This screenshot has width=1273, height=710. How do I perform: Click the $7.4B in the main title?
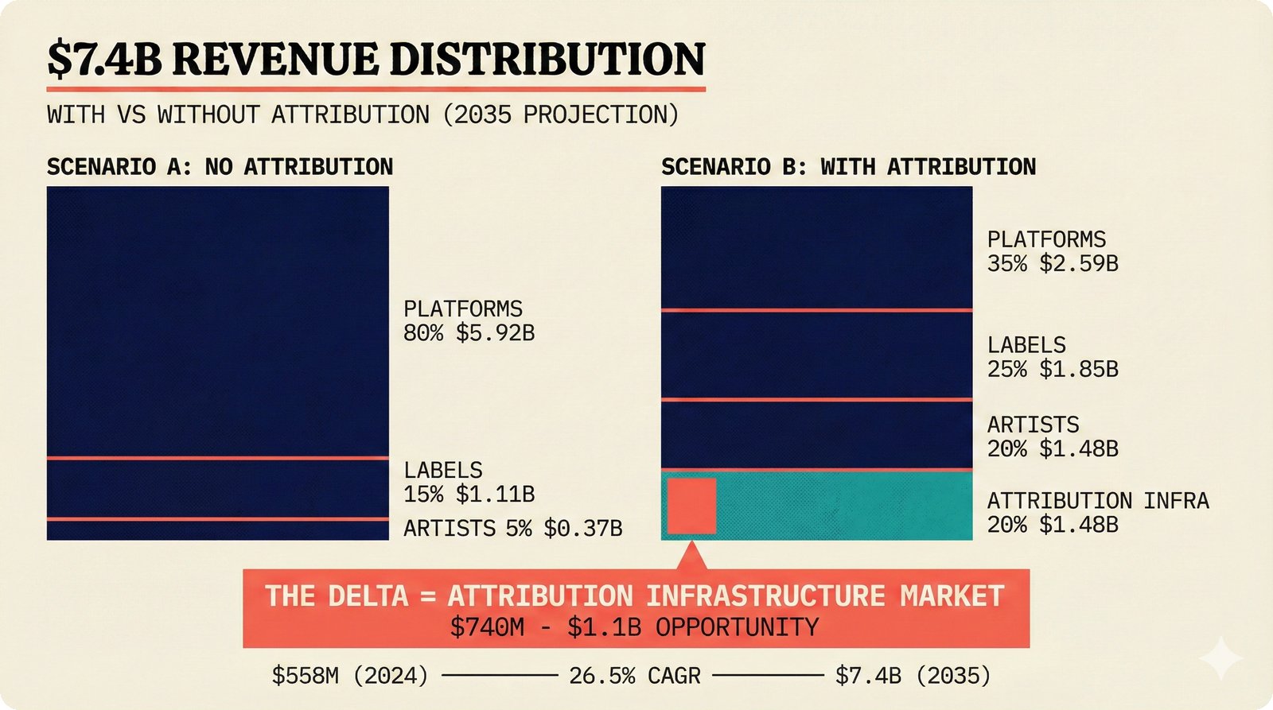point(103,60)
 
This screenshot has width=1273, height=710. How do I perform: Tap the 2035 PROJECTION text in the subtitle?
point(560,114)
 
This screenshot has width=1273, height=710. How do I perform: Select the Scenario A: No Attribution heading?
point(220,167)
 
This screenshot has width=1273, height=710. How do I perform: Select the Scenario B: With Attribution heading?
point(848,167)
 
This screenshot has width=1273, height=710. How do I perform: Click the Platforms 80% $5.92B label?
point(469,320)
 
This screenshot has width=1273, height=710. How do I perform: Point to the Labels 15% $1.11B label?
point(469,482)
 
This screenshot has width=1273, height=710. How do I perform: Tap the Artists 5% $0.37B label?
point(512,528)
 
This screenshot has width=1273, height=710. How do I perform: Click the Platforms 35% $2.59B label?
point(1053,251)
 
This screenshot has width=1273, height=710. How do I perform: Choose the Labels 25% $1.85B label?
point(1053,357)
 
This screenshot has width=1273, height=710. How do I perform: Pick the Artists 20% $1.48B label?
point(1053,436)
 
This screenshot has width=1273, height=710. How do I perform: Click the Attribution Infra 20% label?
point(1097,512)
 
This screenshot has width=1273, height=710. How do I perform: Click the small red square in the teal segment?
point(691,506)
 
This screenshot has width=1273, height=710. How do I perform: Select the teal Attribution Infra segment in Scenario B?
point(843,506)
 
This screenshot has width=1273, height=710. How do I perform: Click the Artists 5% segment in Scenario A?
point(217,530)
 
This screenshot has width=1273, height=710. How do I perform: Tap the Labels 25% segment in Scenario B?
point(816,355)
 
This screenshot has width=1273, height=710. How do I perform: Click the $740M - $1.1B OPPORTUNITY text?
point(634,627)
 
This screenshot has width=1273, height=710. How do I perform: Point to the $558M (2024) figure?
point(350,676)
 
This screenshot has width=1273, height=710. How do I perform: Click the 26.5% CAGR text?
point(634,676)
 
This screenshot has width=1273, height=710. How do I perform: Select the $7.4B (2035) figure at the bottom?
point(913,676)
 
